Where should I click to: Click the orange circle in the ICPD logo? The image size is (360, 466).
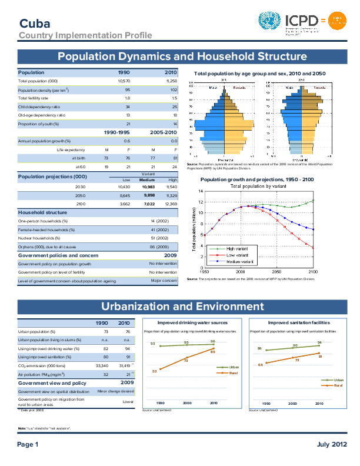pos(335,22)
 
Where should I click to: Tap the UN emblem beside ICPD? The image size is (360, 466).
pos(270,22)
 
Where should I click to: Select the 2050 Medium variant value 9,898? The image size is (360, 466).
pos(148,194)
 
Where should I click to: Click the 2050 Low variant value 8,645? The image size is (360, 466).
pos(124,194)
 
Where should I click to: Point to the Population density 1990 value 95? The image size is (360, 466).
pos(127,89)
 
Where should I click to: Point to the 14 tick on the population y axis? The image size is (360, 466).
pos(201,192)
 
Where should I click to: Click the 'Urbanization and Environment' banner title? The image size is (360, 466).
pos(182,307)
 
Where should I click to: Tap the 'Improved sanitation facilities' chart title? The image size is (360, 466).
pos(299,323)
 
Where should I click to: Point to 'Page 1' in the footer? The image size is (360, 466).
pos(28,444)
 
